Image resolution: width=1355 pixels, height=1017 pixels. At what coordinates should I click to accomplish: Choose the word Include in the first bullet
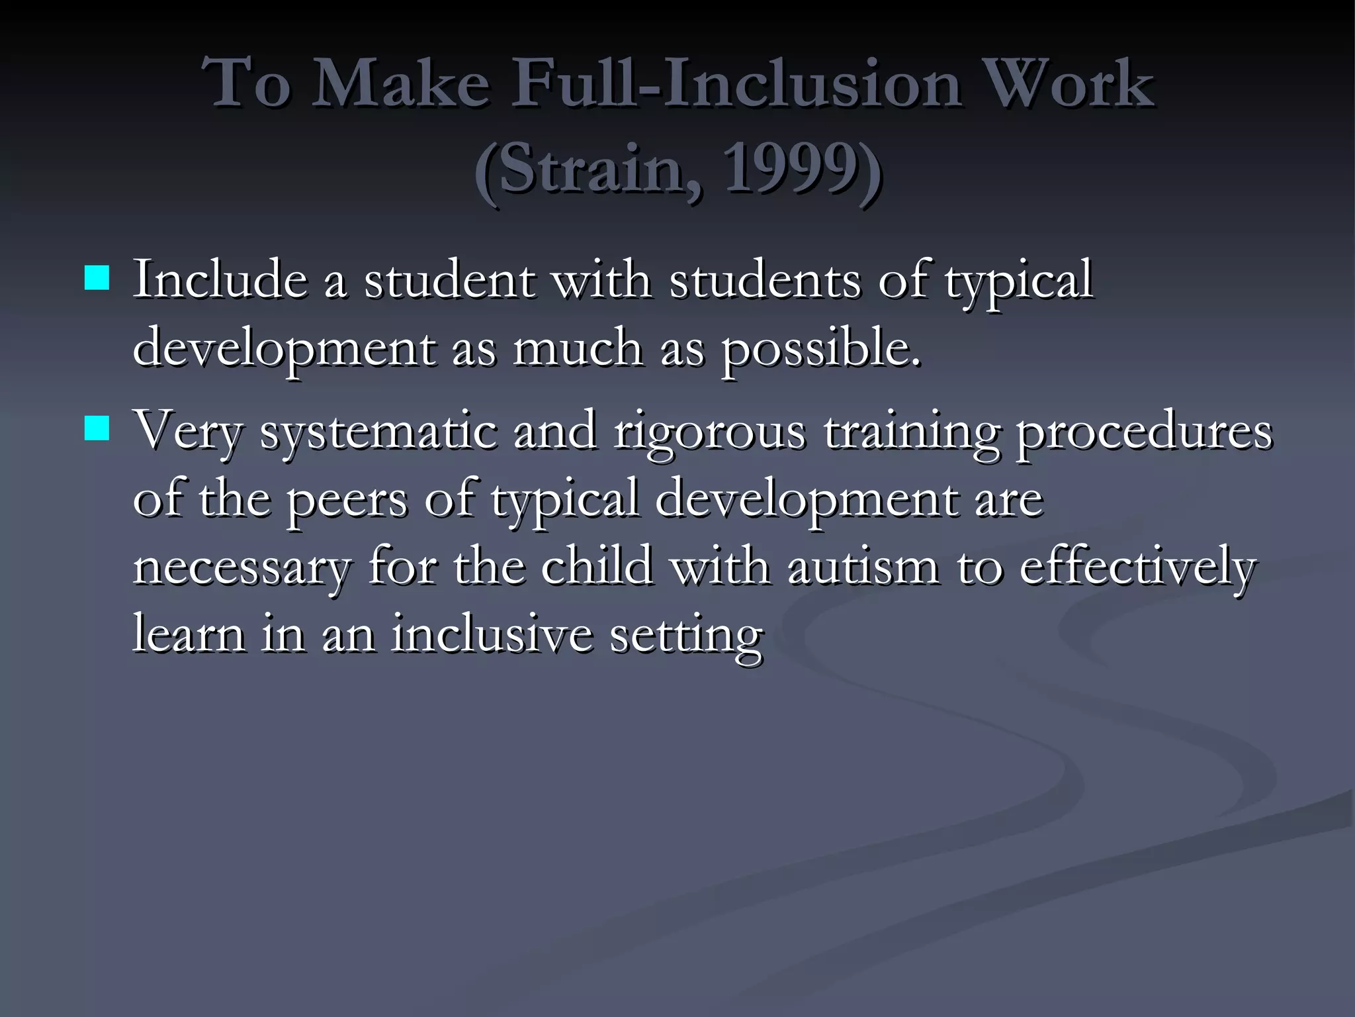point(221,280)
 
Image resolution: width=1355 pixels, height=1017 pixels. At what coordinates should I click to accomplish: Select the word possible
point(820,350)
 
